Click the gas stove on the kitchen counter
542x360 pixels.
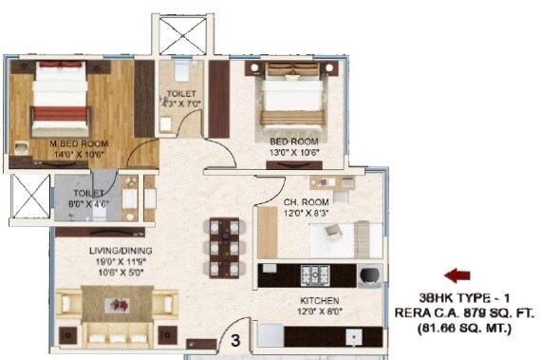315,275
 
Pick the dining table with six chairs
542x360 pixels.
225,245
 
